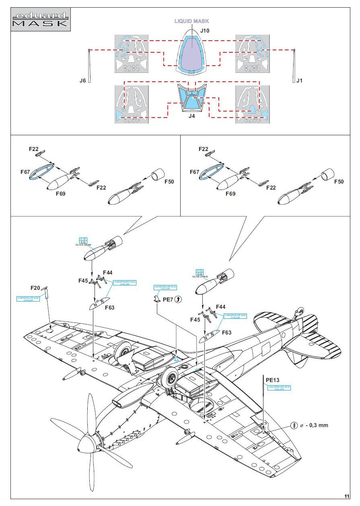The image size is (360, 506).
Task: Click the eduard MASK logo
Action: click(x=40, y=20)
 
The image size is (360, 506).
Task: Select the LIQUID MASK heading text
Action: click(x=191, y=21)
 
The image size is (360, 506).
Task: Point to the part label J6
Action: click(x=82, y=81)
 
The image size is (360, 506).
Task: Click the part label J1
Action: click(x=299, y=81)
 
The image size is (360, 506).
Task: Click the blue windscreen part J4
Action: click(x=192, y=99)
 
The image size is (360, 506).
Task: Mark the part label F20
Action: click(x=36, y=288)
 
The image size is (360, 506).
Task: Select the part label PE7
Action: click(x=167, y=299)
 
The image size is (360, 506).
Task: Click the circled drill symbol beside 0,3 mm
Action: click(x=294, y=425)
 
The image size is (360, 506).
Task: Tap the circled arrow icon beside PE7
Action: click(x=179, y=299)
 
